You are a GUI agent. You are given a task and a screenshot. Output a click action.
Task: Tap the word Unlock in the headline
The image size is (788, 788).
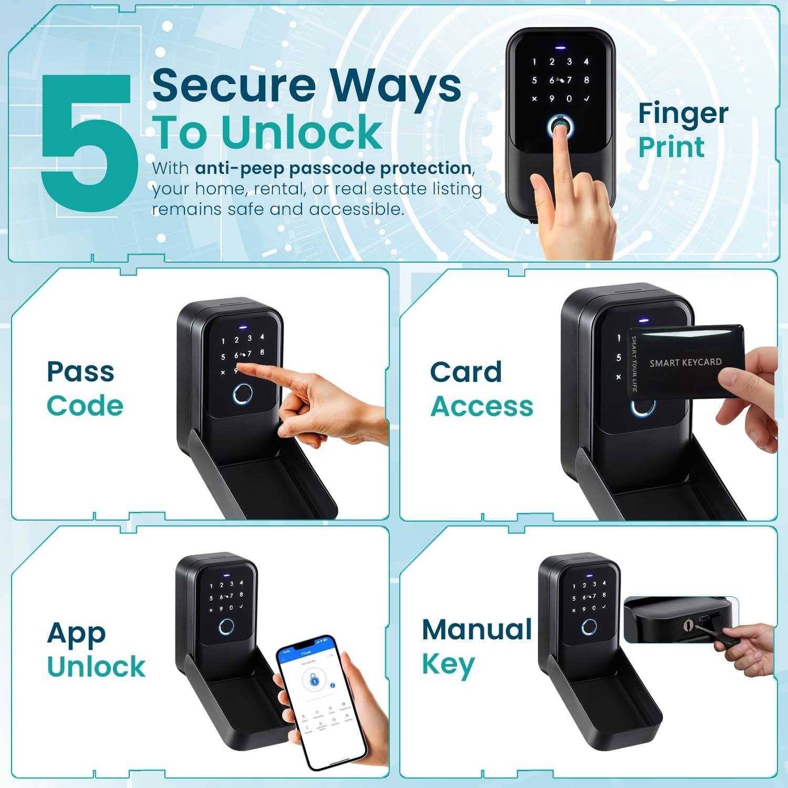click(302, 132)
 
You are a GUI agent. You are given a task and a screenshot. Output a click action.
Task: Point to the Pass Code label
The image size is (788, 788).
click(84, 389)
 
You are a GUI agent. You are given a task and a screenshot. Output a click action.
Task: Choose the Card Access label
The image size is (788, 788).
click(481, 389)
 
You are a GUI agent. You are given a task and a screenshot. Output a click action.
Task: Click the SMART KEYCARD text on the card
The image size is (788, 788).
click(685, 362)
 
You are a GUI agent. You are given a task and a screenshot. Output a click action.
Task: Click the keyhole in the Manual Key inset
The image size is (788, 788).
click(689, 625)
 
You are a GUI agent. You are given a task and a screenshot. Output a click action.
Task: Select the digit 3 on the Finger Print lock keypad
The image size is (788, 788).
click(569, 62)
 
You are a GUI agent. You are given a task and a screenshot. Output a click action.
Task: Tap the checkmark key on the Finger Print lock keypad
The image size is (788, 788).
click(586, 98)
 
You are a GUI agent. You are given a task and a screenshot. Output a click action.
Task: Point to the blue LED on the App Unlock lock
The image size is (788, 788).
click(226, 574)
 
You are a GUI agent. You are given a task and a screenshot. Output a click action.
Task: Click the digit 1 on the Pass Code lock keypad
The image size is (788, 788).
click(223, 341)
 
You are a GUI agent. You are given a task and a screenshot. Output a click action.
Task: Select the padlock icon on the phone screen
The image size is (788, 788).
click(314, 681)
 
